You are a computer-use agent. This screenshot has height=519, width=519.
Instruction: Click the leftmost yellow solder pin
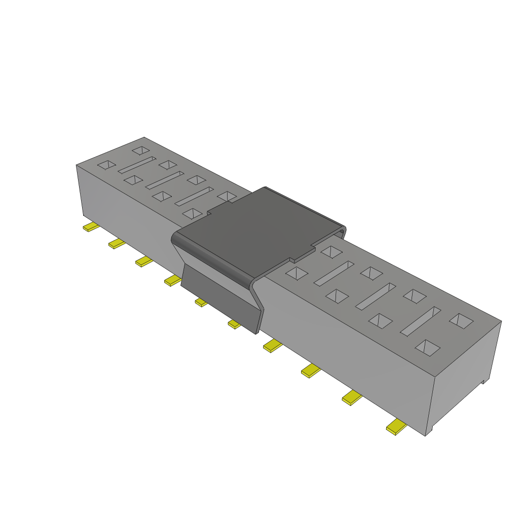point(91,227)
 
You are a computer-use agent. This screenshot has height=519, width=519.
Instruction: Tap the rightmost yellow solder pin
point(396,428)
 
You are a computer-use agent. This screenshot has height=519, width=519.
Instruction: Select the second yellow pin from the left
point(117,244)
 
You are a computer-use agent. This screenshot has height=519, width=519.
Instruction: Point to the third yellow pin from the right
point(311,370)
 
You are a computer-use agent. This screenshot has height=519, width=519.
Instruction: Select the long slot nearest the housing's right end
point(421,321)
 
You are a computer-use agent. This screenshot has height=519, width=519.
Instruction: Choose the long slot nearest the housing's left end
point(137,165)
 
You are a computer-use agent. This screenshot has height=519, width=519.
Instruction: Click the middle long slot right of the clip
point(376,296)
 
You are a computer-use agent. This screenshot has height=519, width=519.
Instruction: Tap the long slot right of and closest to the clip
point(334,273)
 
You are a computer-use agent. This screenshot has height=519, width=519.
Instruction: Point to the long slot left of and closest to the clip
point(194,196)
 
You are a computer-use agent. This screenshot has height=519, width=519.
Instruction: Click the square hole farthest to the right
point(461,320)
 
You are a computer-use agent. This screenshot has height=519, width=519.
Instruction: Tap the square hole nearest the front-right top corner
point(428,347)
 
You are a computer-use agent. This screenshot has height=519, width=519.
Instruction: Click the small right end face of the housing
point(464,375)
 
